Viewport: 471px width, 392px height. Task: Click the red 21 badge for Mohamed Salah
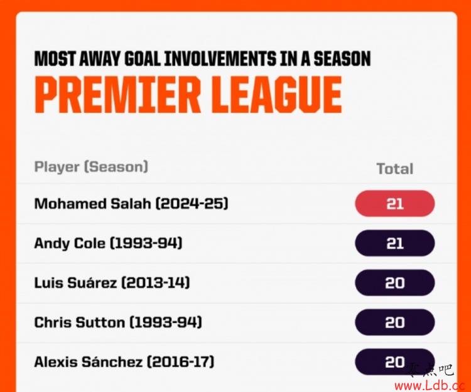(x=395, y=203)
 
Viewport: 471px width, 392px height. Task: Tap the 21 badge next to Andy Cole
(x=395, y=243)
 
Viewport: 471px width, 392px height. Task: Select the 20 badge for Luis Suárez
(x=395, y=282)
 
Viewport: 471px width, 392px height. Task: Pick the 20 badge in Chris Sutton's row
(x=395, y=322)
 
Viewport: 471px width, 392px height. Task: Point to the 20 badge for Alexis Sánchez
(x=395, y=362)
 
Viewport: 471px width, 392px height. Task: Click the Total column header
(x=395, y=169)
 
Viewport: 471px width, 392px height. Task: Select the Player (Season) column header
(x=91, y=167)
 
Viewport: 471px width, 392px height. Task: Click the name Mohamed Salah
(x=92, y=204)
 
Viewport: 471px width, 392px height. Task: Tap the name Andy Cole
(x=70, y=243)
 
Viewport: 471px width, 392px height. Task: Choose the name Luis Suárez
(x=75, y=283)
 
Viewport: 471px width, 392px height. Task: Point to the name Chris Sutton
(x=80, y=322)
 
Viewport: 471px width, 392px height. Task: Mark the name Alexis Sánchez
(x=89, y=362)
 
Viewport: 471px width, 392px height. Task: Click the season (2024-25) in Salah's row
(x=192, y=204)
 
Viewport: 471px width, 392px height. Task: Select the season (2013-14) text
(x=156, y=283)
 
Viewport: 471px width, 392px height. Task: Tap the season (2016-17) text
(x=180, y=362)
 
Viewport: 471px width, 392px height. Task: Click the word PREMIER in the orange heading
(x=117, y=94)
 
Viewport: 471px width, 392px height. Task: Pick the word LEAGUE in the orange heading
(x=276, y=94)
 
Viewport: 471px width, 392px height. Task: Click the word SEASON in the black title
(x=342, y=58)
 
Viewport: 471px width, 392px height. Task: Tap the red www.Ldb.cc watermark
(x=430, y=385)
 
